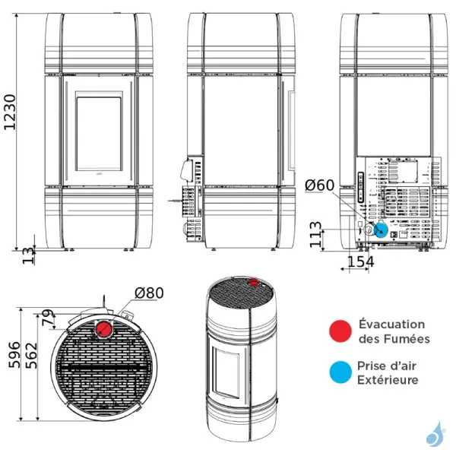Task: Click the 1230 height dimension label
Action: (x=9, y=112)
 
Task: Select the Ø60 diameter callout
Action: (x=319, y=185)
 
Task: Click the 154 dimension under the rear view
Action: (x=359, y=262)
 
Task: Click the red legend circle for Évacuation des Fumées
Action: (x=338, y=331)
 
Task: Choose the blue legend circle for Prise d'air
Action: (x=338, y=372)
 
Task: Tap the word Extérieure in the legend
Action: (x=388, y=380)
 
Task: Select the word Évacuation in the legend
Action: (x=391, y=325)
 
